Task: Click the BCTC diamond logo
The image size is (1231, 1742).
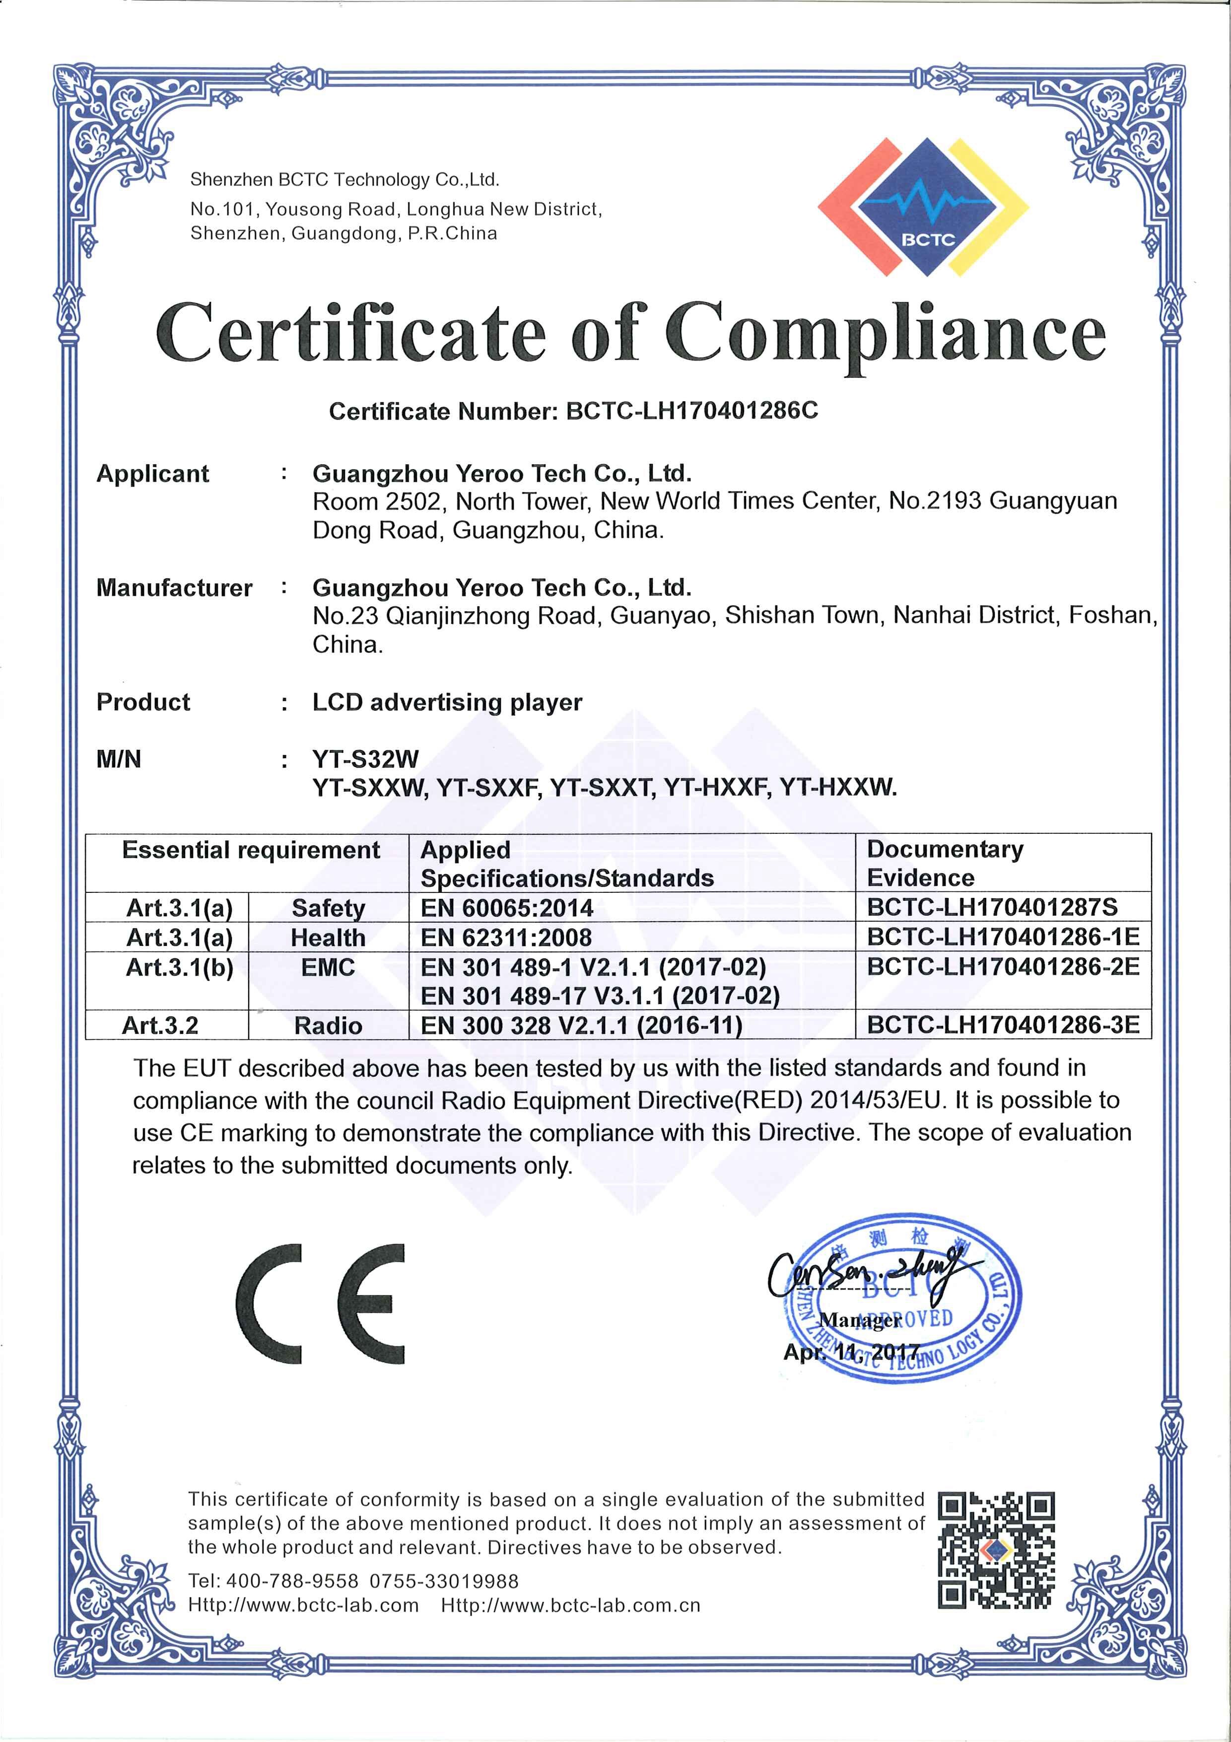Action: (922, 206)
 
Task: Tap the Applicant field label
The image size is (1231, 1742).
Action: (152, 473)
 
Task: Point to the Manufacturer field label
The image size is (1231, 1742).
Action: (174, 588)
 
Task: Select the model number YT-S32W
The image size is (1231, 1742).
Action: (365, 759)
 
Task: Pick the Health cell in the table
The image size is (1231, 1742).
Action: (328, 938)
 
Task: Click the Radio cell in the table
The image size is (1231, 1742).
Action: (328, 1026)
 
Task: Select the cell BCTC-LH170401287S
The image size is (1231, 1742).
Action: (1002, 907)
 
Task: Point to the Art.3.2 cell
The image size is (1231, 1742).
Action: (160, 1026)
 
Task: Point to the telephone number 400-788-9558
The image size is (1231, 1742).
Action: (292, 1581)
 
